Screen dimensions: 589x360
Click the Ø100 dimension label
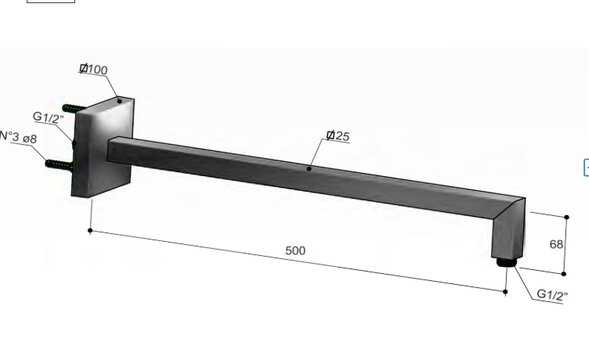click(93, 70)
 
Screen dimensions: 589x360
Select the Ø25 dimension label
click(338, 136)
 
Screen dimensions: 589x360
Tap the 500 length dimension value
click(295, 250)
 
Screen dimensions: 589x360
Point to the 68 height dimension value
click(556, 244)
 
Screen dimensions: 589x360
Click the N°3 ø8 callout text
click(18, 137)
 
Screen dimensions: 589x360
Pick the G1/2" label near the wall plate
click(49, 117)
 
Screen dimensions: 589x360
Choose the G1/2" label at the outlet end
click(552, 295)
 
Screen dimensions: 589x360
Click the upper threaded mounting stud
click(74, 109)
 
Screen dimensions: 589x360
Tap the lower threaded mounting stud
click(60, 165)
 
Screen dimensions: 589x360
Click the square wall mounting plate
click(103, 147)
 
